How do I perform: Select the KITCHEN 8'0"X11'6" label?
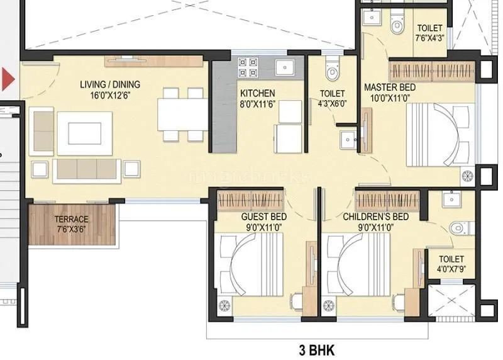(257, 98)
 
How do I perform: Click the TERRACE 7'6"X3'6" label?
(72, 223)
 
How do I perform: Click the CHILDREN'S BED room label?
(375, 222)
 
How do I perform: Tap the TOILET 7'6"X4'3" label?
(430, 33)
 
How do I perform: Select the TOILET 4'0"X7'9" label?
(451, 264)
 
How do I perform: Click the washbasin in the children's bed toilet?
(451, 200)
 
